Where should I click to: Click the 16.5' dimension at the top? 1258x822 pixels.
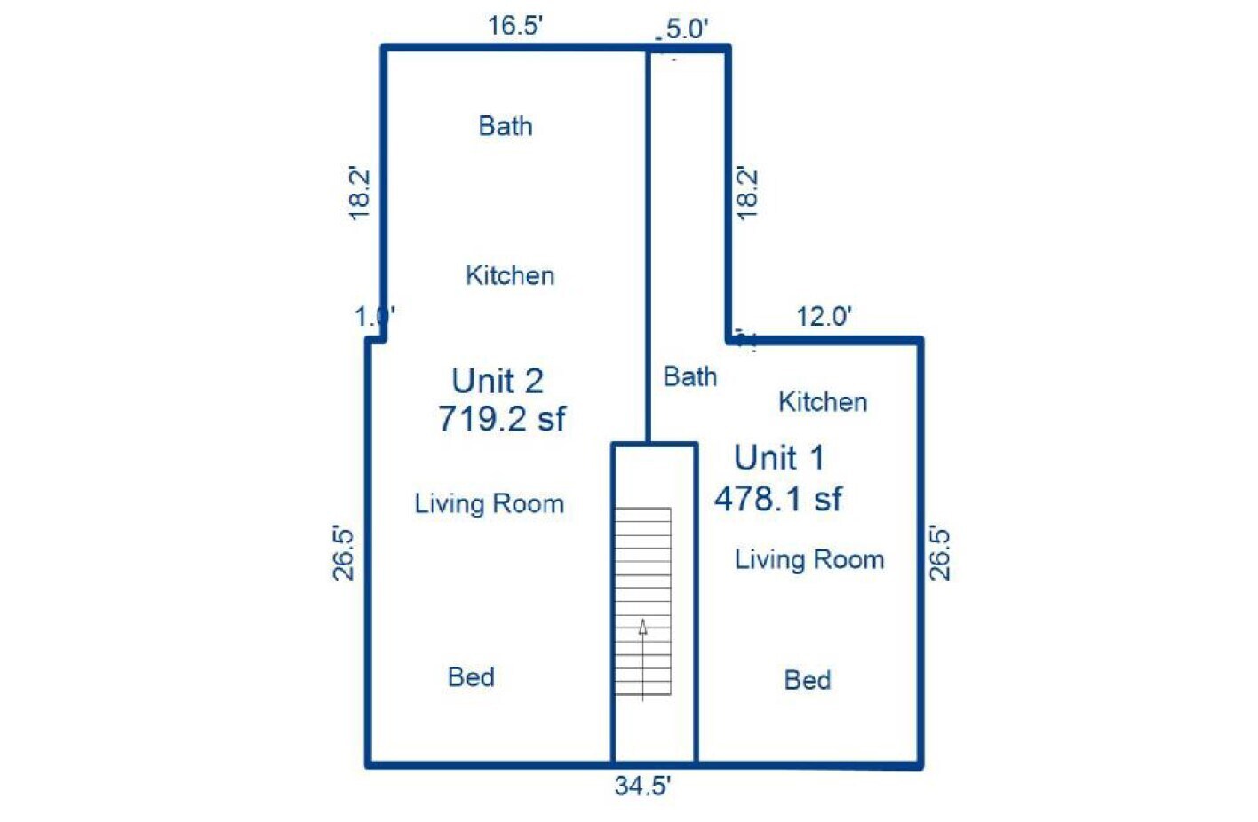pyautogui.click(x=515, y=26)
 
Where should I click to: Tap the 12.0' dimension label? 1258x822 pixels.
pyautogui.click(x=824, y=317)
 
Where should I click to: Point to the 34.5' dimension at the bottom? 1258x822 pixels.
pyautogui.click(x=642, y=786)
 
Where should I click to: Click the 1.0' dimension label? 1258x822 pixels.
pyautogui.click(x=375, y=317)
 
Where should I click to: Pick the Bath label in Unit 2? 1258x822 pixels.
pyautogui.click(x=506, y=126)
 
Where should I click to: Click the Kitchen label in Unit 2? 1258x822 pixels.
pyautogui.click(x=510, y=275)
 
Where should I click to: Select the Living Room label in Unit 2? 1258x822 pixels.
pyautogui.click(x=490, y=504)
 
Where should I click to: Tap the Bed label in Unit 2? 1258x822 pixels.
pyautogui.click(x=471, y=677)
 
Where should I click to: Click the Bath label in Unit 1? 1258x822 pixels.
pyautogui.click(x=690, y=376)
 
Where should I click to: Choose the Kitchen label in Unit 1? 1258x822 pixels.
pyautogui.click(x=823, y=402)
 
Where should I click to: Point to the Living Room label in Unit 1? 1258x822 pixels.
pyautogui.click(x=810, y=560)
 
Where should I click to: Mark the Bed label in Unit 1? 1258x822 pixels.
pyautogui.click(x=808, y=680)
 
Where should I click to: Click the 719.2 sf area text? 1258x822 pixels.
pyautogui.click(x=502, y=419)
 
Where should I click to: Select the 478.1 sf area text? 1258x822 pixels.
pyautogui.click(x=778, y=498)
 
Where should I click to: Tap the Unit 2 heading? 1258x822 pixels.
pyautogui.click(x=498, y=381)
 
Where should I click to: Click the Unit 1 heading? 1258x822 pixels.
pyautogui.click(x=779, y=457)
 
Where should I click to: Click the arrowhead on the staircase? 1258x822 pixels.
pyautogui.click(x=642, y=628)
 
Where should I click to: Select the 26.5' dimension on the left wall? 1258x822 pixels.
pyautogui.click(x=344, y=553)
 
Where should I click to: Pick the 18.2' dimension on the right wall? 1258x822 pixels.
pyautogui.click(x=747, y=194)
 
